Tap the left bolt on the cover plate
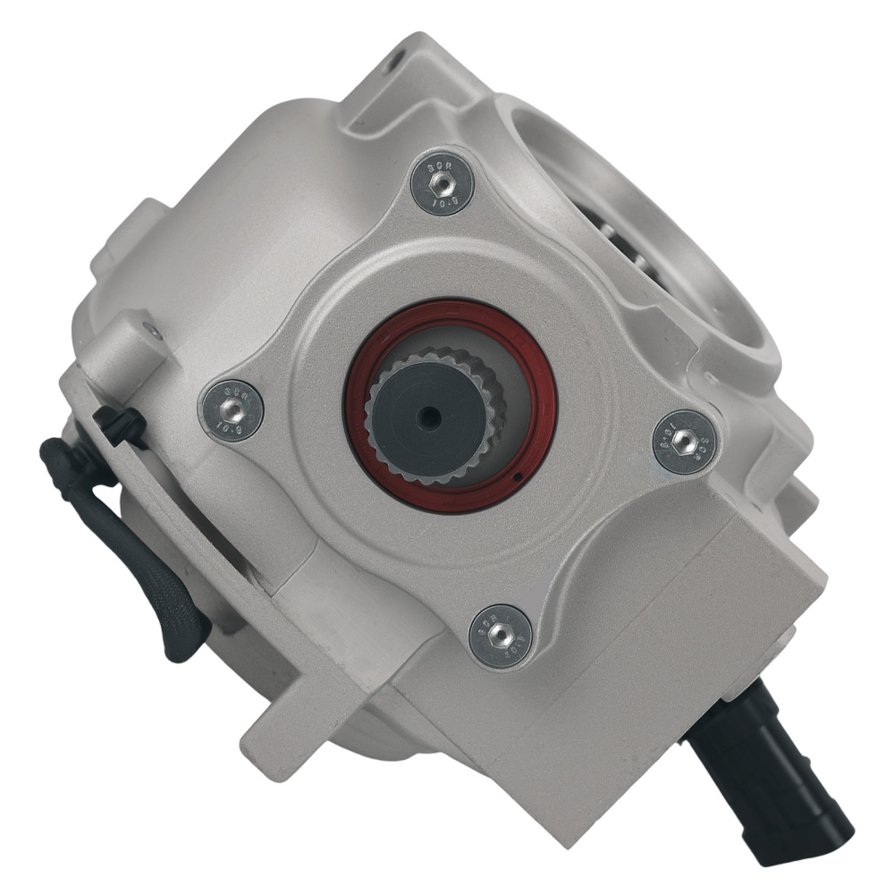pos(231,409)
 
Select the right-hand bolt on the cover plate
pos(685,441)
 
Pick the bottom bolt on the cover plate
pos(500,636)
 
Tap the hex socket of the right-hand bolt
pos(685,441)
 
